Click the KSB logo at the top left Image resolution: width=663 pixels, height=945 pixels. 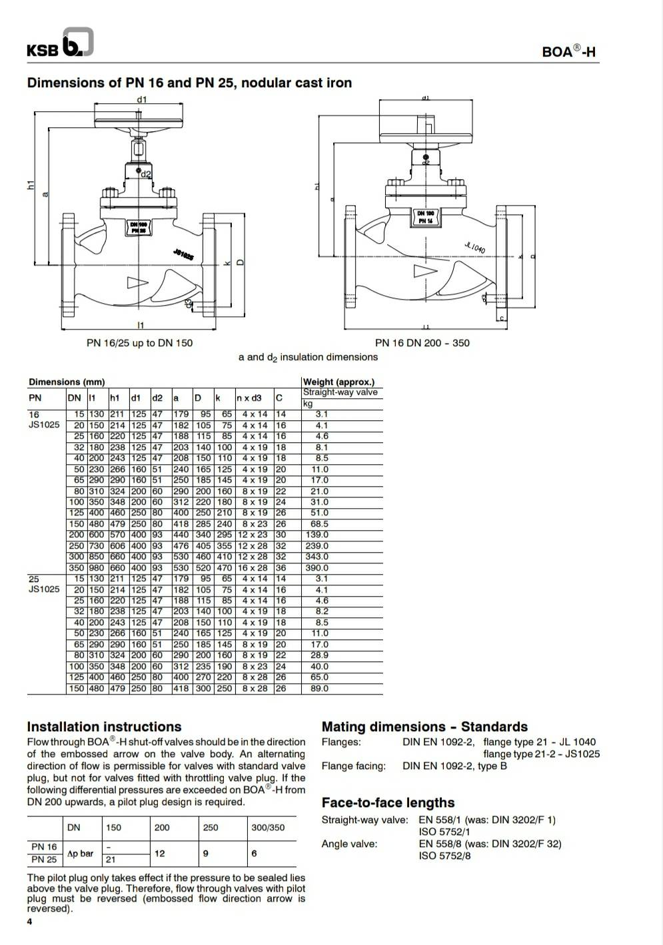coord(59,44)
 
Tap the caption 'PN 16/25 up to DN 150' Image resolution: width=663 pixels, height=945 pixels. coord(139,343)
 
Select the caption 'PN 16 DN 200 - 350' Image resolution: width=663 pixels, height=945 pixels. coord(422,343)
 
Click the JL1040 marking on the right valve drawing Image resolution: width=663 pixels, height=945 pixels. coord(474,248)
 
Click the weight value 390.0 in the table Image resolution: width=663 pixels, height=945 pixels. coord(317,568)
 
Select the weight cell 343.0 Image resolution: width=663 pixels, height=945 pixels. coord(317,557)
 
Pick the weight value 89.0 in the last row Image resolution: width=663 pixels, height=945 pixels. coord(319,689)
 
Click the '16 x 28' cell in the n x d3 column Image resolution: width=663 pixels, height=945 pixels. coord(254,568)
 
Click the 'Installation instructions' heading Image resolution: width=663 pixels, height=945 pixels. coord(104,727)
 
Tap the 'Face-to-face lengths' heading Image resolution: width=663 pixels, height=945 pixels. coord(388,802)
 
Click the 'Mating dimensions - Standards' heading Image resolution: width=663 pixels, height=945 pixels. coord(424,727)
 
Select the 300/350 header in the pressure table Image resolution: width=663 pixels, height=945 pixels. coord(267,828)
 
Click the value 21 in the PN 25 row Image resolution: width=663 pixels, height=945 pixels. coord(111,860)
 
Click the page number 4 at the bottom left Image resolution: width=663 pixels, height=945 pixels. coord(29,922)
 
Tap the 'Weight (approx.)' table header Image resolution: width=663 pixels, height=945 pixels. coord(338,382)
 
